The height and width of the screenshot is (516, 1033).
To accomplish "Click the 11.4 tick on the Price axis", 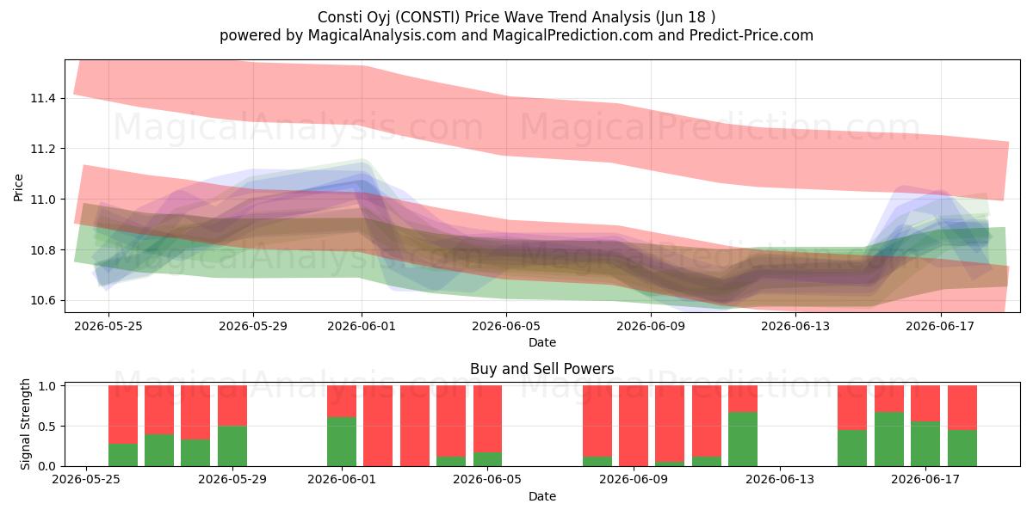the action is [43, 98].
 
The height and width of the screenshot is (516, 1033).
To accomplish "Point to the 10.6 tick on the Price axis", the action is [43, 301].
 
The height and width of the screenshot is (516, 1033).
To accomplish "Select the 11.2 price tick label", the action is [43, 149].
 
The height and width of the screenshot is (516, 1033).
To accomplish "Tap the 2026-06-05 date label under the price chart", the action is [506, 326].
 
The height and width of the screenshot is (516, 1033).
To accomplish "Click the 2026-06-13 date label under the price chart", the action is [795, 326].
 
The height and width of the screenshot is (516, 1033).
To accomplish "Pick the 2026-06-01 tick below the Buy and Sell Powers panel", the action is [342, 479].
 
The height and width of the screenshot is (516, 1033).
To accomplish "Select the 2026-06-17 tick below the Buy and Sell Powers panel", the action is [925, 479].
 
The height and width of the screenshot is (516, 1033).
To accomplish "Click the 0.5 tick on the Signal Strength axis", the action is [47, 427].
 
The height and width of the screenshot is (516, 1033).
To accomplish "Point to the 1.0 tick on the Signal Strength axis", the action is [47, 386].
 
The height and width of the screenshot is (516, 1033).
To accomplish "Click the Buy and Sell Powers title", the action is [541, 369].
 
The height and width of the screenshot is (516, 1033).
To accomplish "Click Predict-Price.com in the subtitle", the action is [752, 35].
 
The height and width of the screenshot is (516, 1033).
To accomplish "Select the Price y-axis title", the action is [18, 187].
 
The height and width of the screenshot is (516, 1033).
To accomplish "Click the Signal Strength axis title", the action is [25, 424].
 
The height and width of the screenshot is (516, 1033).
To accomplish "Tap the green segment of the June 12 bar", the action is [743, 439].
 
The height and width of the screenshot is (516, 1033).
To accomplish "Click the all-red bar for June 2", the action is [378, 426].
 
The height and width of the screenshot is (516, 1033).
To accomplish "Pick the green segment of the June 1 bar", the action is [342, 441].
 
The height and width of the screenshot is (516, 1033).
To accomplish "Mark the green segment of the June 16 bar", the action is [889, 439].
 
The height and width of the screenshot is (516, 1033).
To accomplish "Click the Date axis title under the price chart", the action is [541, 342].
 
